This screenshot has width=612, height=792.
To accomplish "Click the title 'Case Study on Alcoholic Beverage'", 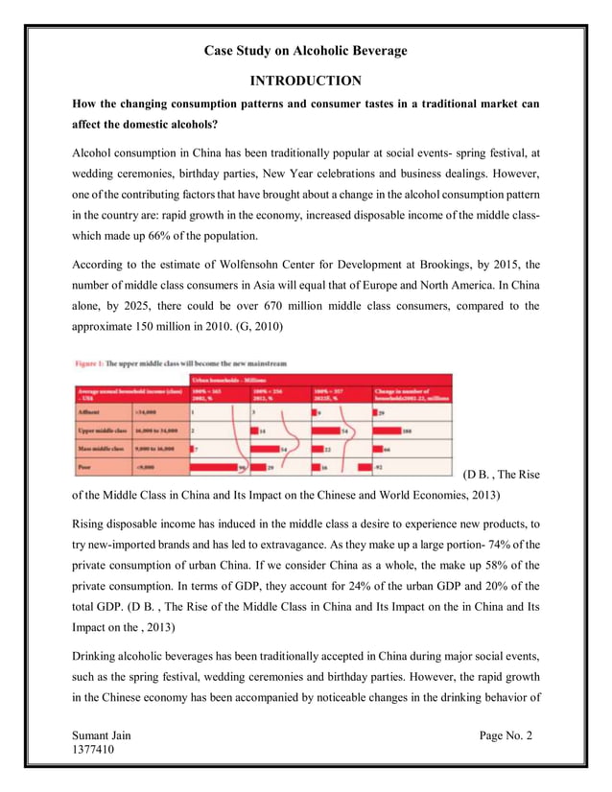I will (x=306, y=51).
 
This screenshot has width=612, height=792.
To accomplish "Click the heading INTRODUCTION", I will (x=306, y=81).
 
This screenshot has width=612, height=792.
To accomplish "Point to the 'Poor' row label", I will (x=86, y=466).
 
